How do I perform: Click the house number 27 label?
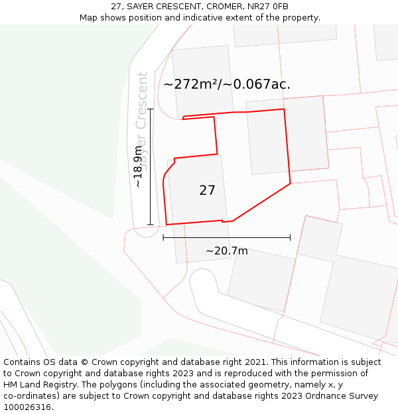207,191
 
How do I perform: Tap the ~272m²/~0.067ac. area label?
227,84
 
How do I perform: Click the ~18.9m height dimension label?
137,167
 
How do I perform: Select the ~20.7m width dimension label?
226,251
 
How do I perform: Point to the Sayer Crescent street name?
141,119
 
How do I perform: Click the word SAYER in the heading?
143,7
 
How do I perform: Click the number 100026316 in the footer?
27,407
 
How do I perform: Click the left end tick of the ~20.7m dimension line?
163,237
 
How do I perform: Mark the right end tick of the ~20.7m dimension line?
291,237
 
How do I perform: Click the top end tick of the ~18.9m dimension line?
151,109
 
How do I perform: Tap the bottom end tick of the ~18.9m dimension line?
151,225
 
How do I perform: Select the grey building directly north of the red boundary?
202,79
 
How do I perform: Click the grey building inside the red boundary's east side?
287,136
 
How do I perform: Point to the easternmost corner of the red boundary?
291,183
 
